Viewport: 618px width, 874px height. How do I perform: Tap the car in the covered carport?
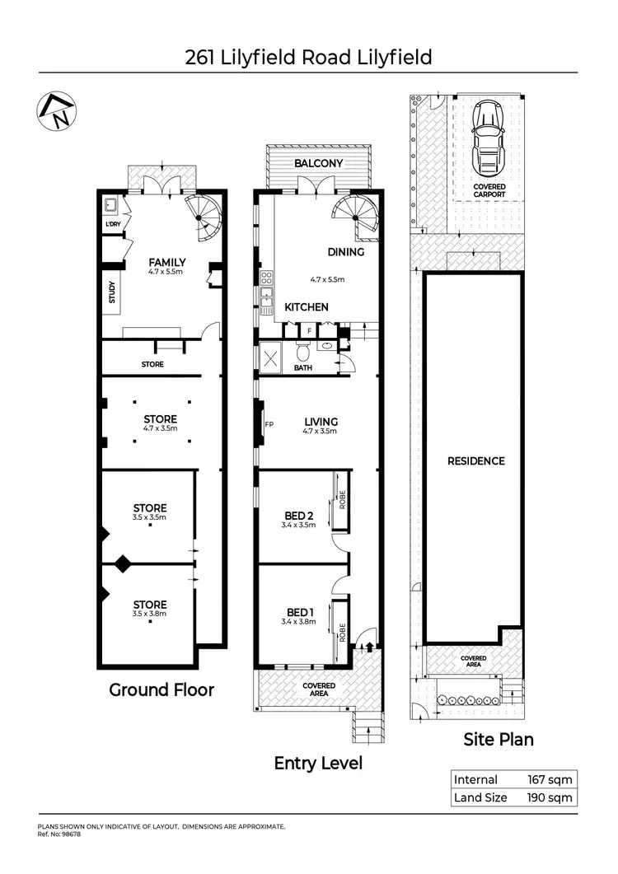(489, 141)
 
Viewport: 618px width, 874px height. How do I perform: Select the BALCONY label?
(318, 163)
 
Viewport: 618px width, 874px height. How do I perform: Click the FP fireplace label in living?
(269, 425)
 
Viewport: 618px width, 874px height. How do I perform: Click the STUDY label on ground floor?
(112, 293)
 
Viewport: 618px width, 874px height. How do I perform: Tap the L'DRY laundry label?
(113, 225)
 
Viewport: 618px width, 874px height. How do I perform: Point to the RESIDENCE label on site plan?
(475, 460)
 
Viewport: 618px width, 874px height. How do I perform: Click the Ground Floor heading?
(162, 689)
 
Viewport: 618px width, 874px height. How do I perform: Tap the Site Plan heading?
(498, 739)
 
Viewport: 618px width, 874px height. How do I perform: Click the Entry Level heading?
(318, 764)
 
